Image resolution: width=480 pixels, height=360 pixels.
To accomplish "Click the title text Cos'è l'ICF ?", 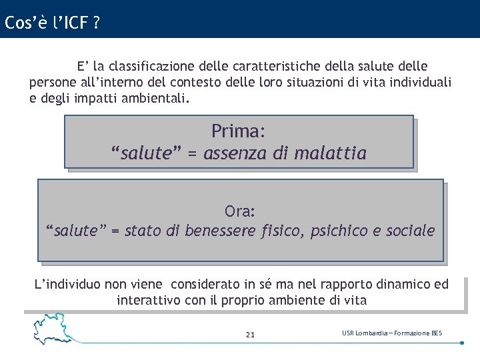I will coord(52,23).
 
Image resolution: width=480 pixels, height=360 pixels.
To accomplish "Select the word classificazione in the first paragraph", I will coord(152,66).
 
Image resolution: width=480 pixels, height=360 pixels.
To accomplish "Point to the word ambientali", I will coord(155,99).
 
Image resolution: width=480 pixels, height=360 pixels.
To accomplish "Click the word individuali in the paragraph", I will coord(419,83).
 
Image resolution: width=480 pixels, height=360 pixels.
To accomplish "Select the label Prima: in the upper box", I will coord(239,130).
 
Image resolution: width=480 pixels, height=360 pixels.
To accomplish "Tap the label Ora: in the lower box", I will coord(240,211).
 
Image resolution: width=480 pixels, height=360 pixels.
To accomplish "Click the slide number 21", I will coord(250,335).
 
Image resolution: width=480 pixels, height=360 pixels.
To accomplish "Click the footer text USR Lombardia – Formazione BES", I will coord(392,333).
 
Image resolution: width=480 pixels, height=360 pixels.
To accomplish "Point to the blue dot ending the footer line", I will coord(462,343).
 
